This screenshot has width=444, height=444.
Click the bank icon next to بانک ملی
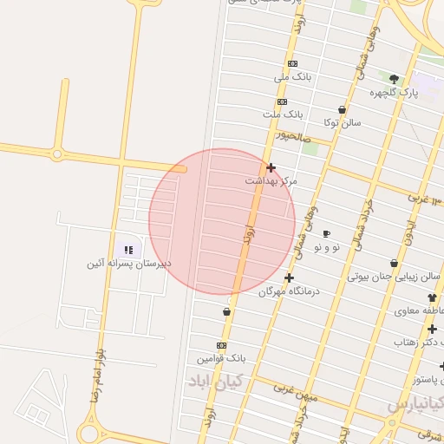tap(291, 63)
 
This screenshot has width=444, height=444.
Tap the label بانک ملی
tap(292, 77)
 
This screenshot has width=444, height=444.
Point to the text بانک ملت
tap(284, 114)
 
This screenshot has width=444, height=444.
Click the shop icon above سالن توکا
tap(342, 110)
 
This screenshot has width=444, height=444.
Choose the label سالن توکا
tap(342, 123)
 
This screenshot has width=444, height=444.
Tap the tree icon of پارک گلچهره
tap(395, 79)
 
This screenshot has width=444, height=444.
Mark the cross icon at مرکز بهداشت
tap(271, 167)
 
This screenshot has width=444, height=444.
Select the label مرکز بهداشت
tap(271, 181)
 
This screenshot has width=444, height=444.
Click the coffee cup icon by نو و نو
tap(326, 233)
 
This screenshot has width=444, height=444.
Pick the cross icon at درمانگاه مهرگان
tap(289, 277)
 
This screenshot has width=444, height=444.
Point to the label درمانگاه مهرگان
tap(289, 291)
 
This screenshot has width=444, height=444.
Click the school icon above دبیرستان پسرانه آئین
tap(128, 250)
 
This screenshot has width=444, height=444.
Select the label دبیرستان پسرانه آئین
tap(128, 263)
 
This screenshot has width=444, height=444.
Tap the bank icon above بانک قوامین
tap(222, 345)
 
